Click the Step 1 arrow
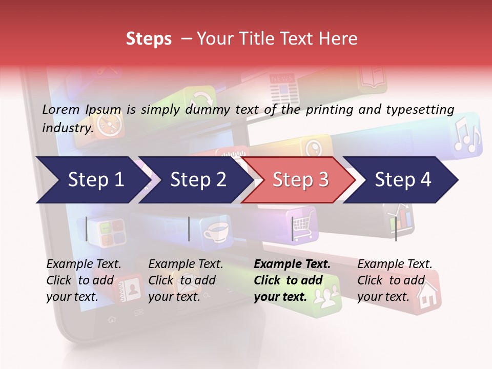[95, 180]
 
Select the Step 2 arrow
[198, 180]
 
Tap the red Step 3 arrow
[300, 180]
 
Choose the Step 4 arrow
[403, 180]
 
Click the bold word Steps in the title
[149, 39]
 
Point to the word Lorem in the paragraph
[61, 109]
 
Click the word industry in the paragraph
[67, 128]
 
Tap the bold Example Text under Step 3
[292, 264]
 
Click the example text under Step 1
[84, 280]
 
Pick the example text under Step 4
[394, 280]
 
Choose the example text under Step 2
[186, 280]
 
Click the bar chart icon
[400, 218]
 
